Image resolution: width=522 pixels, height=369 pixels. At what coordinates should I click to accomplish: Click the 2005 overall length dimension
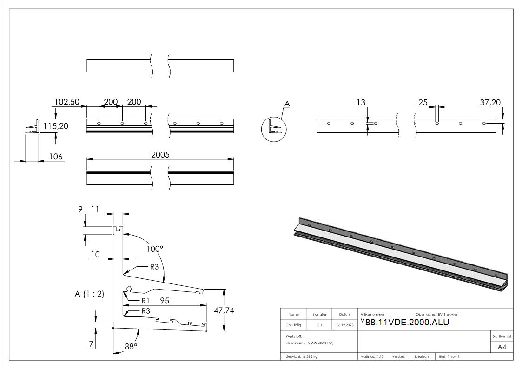(x=160, y=154)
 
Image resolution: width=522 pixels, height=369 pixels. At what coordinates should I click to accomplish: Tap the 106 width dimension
(x=56, y=157)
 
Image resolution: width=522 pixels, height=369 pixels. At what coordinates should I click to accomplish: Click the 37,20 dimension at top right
(x=490, y=102)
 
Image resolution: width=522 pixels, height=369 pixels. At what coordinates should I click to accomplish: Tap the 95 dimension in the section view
(x=165, y=301)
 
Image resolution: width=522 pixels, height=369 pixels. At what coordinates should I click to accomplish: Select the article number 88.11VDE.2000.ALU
(x=407, y=323)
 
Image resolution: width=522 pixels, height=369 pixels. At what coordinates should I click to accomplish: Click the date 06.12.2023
(x=344, y=325)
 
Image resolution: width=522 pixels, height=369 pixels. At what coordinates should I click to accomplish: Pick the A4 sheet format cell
(x=502, y=347)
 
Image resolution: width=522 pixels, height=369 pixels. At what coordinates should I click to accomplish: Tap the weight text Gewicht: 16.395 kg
(x=302, y=356)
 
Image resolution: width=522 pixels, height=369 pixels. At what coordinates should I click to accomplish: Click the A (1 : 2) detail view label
(x=89, y=294)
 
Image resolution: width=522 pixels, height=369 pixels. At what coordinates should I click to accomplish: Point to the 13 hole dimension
(x=361, y=102)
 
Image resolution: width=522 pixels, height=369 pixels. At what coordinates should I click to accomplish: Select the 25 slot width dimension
(x=423, y=102)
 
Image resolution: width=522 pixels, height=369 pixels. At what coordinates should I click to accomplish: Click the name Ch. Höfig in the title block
(x=293, y=325)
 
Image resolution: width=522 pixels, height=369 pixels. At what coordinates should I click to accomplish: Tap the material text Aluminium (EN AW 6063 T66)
(x=310, y=343)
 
